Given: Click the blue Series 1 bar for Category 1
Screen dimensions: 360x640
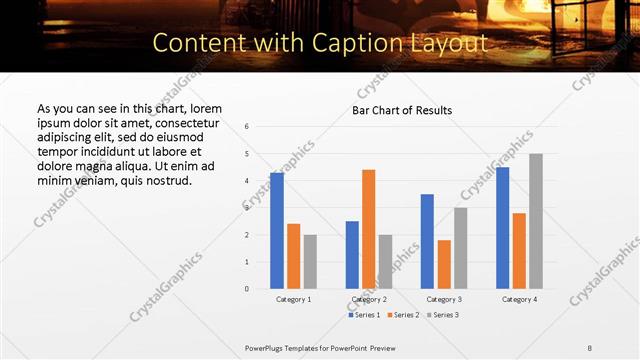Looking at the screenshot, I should click(x=277, y=231).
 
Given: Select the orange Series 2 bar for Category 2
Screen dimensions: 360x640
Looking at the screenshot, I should click(x=368, y=229).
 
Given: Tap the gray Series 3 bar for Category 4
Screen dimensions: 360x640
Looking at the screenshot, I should click(x=536, y=221).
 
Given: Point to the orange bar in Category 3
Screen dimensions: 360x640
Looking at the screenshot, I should click(x=443, y=264).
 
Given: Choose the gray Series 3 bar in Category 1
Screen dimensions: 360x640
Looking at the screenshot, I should click(x=310, y=261).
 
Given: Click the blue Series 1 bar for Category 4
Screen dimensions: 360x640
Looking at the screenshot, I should click(x=502, y=228).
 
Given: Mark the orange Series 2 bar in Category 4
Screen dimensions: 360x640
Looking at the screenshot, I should click(x=519, y=251).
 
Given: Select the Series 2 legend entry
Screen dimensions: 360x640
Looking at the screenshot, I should click(x=403, y=315).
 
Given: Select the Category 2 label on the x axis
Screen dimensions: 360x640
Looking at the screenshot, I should click(x=368, y=299).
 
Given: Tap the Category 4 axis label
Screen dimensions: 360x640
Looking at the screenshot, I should click(x=519, y=299).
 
